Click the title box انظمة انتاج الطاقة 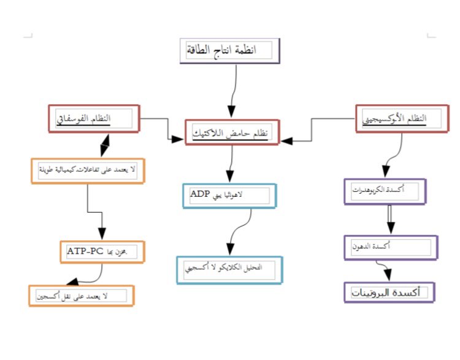tap(230, 51)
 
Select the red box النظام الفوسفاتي tap(94, 118)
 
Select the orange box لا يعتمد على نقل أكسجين tap(81, 296)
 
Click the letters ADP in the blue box tap(200, 195)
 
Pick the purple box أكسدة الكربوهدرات tap(385, 191)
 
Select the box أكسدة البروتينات tap(389, 292)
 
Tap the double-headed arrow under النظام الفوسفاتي tap(104, 145)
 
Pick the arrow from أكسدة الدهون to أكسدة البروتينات tap(385, 270)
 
